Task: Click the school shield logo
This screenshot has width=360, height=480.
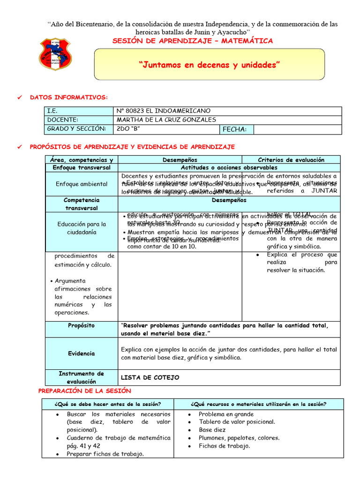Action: tap(55, 55)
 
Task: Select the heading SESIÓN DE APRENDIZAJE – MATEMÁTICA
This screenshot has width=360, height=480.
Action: tap(192, 41)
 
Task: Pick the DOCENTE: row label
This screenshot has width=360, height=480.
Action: tap(62, 120)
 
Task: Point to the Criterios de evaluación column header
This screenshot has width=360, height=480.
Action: tap(291, 160)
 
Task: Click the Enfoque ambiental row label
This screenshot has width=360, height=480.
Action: tap(82, 184)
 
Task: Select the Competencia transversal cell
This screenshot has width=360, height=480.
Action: tap(82, 204)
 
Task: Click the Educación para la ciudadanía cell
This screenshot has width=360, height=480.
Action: tap(82, 228)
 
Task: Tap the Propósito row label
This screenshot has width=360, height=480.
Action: tap(81, 325)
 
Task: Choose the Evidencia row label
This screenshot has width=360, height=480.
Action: tap(81, 353)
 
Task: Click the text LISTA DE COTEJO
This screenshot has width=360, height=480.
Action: tap(150, 377)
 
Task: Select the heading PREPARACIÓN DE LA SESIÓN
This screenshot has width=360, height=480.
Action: tap(84, 390)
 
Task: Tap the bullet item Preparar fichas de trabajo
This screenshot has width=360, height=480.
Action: tap(105, 454)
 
